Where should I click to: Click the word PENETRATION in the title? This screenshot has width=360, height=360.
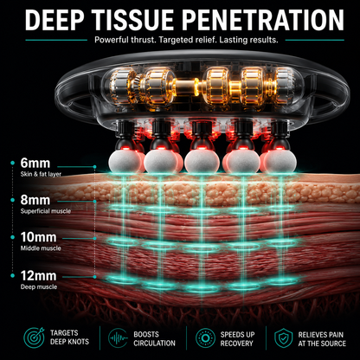(x=263, y=20)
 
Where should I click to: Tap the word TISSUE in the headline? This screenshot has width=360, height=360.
(x=134, y=20)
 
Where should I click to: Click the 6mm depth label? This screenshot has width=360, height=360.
(x=35, y=164)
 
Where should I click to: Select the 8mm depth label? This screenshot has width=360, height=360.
(x=35, y=200)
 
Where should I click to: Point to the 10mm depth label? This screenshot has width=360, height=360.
(x=38, y=237)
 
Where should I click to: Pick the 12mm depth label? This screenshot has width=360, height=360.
(x=38, y=276)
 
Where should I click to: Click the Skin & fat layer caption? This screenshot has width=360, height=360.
(x=41, y=174)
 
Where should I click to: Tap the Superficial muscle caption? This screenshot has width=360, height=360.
(x=46, y=211)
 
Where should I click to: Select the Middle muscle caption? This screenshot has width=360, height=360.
(x=41, y=248)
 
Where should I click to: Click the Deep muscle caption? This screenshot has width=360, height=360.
(x=39, y=287)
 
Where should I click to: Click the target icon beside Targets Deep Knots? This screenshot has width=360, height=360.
(x=34, y=337)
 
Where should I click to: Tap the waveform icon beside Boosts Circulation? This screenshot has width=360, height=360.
(x=118, y=337)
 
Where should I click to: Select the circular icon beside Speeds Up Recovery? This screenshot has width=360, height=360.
(x=205, y=337)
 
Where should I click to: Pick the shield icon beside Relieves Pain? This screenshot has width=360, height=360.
(x=283, y=337)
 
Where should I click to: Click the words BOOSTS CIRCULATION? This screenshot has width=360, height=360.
(x=154, y=339)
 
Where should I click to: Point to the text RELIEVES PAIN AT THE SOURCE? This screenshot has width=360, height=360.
(x=322, y=339)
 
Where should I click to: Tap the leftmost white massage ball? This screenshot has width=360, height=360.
(x=125, y=162)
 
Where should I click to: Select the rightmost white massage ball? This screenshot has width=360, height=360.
(x=280, y=162)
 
